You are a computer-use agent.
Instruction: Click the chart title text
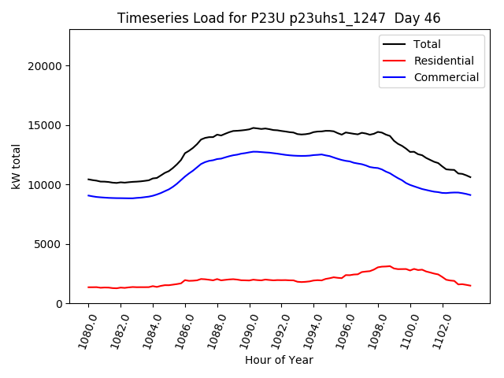click(279, 18)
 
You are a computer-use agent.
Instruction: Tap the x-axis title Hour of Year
click(279, 360)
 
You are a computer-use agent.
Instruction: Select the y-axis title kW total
click(16, 167)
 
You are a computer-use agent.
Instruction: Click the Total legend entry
click(427, 44)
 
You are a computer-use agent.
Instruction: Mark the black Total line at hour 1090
click(250, 128)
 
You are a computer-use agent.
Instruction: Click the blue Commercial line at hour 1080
click(89, 195)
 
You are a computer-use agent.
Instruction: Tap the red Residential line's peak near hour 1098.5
click(389, 266)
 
